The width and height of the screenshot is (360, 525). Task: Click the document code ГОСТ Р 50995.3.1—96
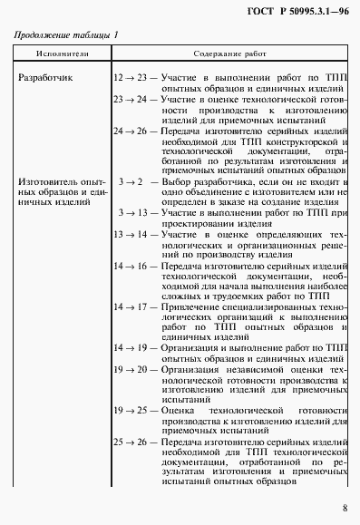[x=300, y=10]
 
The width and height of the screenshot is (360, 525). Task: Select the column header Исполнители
[x=61, y=55]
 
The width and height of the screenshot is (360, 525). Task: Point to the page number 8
[x=345, y=508]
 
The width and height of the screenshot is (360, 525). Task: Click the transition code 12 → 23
[x=130, y=79]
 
